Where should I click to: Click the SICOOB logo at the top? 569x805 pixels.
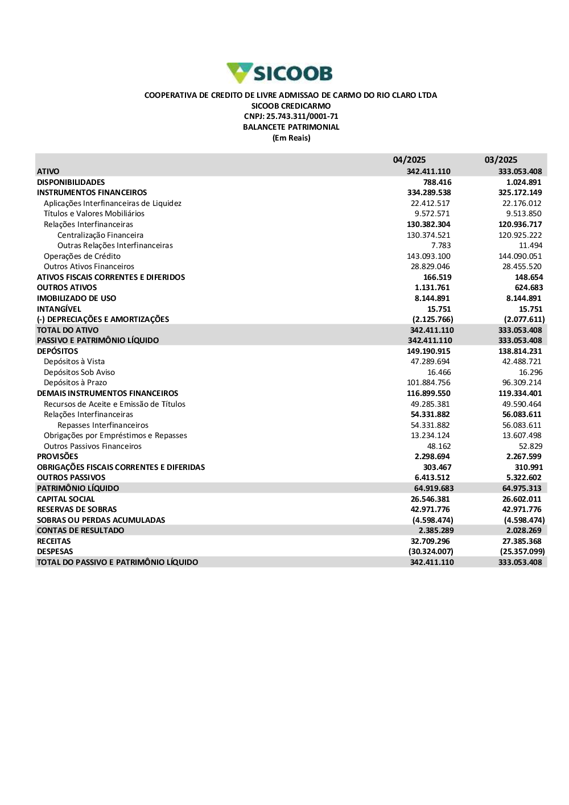click(x=279, y=73)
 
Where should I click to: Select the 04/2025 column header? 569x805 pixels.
click(x=409, y=160)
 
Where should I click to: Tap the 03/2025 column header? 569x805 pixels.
click(x=501, y=160)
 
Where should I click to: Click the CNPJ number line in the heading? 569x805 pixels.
click(x=291, y=117)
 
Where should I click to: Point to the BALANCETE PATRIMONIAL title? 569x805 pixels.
click(x=291, y=127)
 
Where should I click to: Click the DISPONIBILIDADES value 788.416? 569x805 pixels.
click(x=437, y=183)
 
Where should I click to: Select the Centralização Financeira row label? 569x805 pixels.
click(x=100, y=236)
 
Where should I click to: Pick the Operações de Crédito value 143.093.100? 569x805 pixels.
click(x=428, y=257)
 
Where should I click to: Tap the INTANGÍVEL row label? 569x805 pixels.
click(x=59, y=309)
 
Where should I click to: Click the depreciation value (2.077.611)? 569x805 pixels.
click(x=524, y=320)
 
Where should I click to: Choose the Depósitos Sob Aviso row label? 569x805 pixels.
click(x=79, y=373)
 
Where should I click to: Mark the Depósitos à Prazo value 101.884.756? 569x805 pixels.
click(x=428, y=383)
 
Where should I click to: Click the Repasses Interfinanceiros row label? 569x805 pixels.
click(x=103, y=426)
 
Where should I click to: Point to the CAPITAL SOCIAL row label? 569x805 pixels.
click(x=66, y=499)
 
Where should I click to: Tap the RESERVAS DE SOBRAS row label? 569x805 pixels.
click(x=77, y=510)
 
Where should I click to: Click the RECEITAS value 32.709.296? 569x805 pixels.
click(x=430, y=542)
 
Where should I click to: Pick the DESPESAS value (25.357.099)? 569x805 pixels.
click(x=522, y=552)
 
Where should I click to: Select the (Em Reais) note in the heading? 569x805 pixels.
click(x=291, y=138)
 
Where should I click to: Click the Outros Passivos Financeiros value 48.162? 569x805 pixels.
click(x=439, y=447)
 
